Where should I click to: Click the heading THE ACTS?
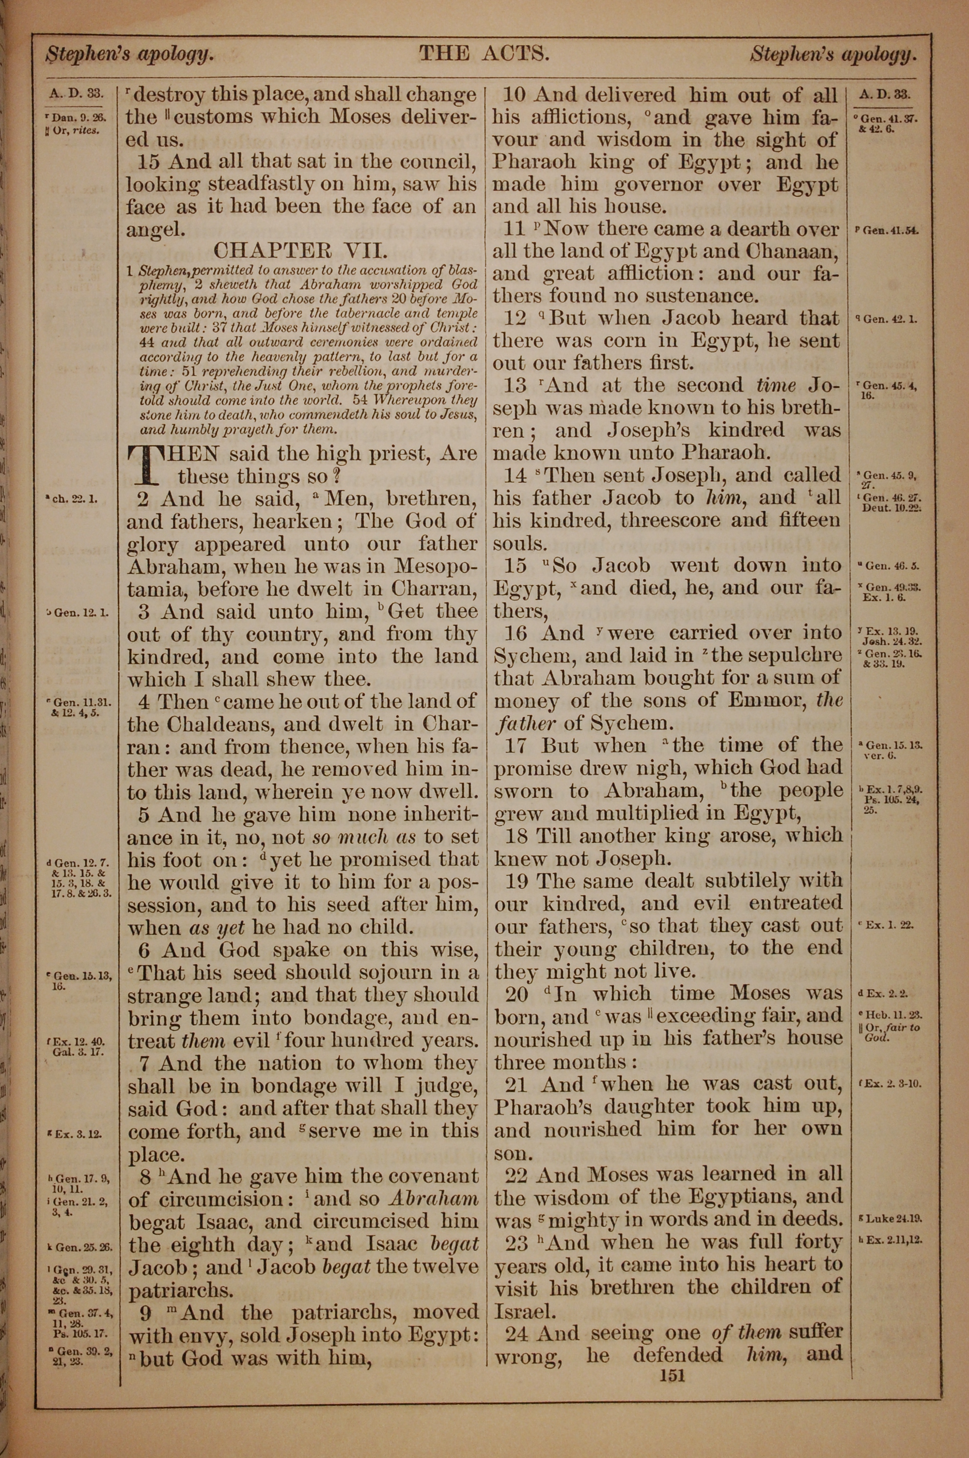pos(484,54)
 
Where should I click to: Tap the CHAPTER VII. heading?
pos(300,250)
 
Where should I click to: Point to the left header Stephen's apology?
pos(130,56)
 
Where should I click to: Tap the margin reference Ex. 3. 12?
pos(78,1134)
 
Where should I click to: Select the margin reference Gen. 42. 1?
pos(886,319)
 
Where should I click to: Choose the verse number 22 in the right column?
pos(518,1173)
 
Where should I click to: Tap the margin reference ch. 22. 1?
pos(74,498)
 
